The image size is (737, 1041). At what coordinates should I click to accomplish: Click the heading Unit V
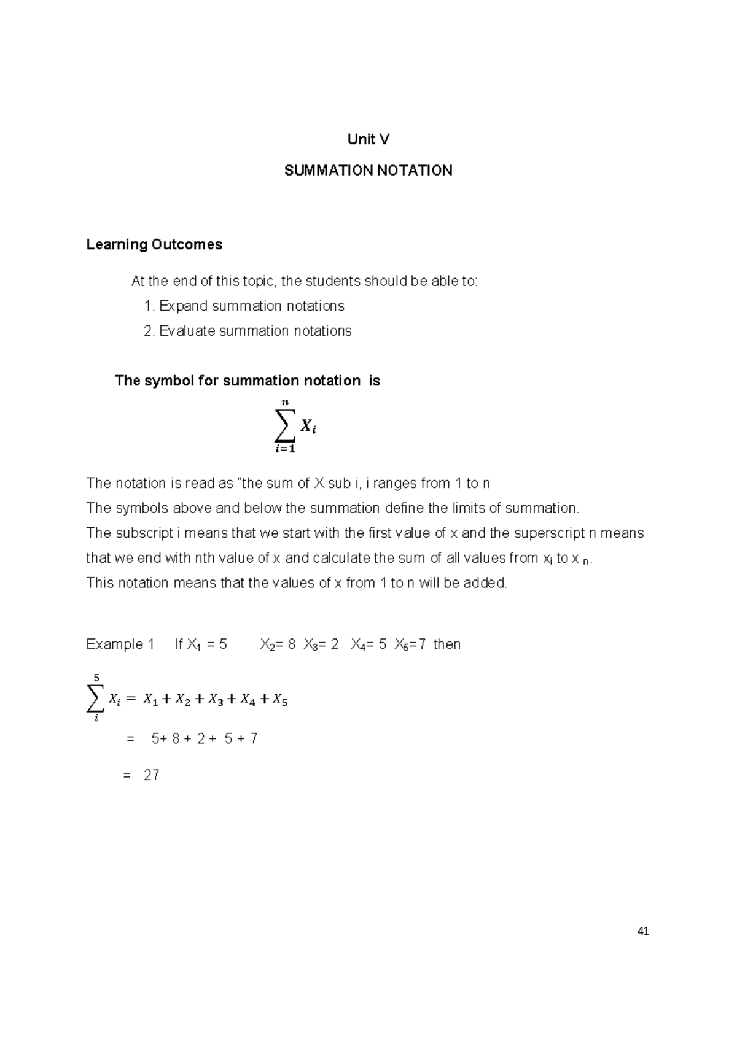pos(368,140)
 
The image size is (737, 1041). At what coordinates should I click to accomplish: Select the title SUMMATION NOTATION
pos(368,171)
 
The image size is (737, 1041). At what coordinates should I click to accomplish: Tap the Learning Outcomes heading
pos(154,245)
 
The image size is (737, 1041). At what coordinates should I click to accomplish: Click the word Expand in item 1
pos(183,306)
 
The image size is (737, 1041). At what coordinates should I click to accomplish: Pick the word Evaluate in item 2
pos(187,331)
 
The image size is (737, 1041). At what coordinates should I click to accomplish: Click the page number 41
pos(643,932)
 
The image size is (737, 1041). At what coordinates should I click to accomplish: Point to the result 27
pos(152,776)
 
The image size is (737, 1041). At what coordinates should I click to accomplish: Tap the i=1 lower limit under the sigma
pos(285,449)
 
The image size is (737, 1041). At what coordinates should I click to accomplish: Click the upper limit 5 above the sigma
pos(96,678)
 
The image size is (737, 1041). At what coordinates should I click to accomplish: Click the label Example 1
pos(120,644)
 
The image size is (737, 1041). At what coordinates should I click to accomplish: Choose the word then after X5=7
pos(446,644)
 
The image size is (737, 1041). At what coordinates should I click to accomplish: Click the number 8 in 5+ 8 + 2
pos(176,739)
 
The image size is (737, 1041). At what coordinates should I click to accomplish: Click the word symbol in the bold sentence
pos(168,381)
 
